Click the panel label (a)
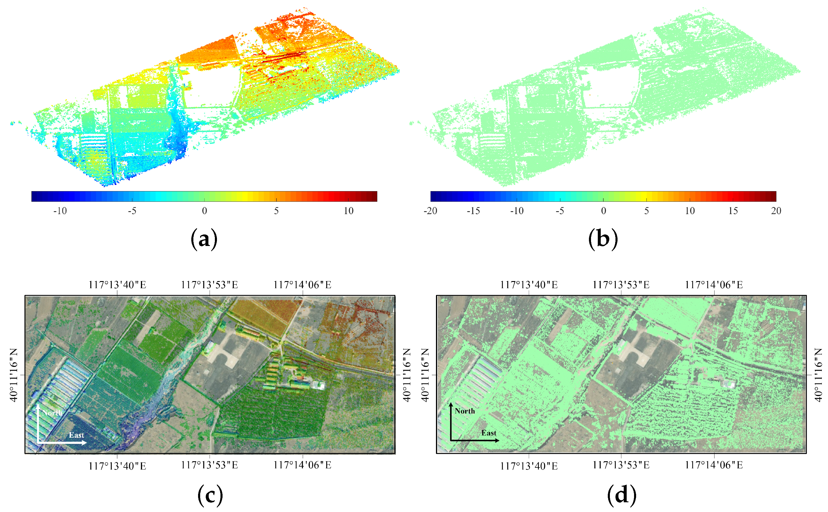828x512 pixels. point(204,239)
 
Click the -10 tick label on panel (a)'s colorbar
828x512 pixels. point(60,211)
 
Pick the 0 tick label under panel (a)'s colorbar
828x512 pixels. point(204,211)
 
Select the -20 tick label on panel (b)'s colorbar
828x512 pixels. point(430,211)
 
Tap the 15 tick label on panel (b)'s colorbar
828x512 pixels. point(733,211)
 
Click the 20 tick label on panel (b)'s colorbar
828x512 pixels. point(776,211)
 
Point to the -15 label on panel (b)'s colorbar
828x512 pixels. point(473,211)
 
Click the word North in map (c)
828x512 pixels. point(52,413)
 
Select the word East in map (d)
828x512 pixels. point(489,433)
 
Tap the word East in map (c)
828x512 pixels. point(76,435)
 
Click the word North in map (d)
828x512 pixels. point(465,411)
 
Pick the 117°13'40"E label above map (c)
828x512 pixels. point(117,285)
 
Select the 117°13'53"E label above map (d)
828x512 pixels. point(621,285)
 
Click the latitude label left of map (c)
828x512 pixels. point(14,375)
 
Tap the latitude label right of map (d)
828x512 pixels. point(818,375)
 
